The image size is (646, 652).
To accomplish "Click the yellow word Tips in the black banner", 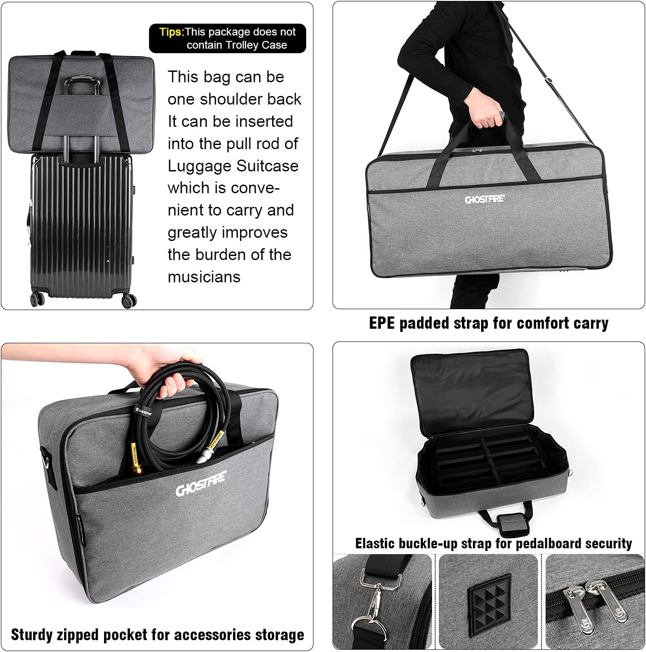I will click(171, 32).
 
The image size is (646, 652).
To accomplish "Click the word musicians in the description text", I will click(204, 277).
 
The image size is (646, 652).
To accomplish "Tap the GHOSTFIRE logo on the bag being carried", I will click(484, 199).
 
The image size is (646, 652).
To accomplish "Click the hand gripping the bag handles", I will click(488, 116).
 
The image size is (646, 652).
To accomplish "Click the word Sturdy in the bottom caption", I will click(33, 635).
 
